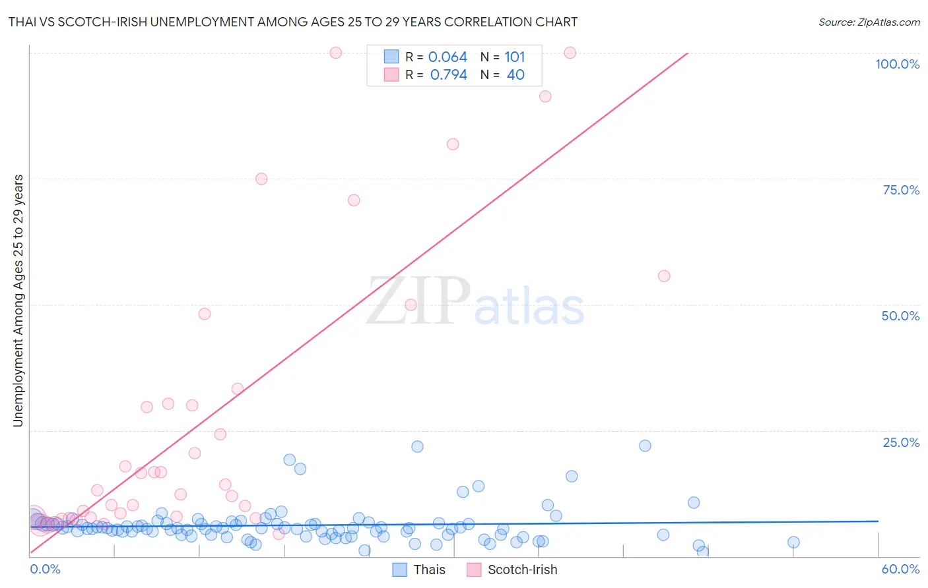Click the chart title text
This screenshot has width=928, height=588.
click(x=293, y=22)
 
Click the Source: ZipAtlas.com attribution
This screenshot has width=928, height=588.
click(x=869, y=22)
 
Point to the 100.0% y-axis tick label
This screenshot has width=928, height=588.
click(x=897, y=64)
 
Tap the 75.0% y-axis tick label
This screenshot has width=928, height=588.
click(x=901, y=190)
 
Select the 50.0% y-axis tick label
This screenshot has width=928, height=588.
click(x=900, y=316)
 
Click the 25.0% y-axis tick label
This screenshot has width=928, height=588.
click(x=901, y=442)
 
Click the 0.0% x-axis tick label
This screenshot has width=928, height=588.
click(x=45, y=569)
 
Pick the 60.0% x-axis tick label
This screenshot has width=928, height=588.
click(x=900, y=569)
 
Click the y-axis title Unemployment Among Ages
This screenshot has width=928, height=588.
click(x=18, y=301)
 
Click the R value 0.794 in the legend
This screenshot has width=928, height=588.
click(x=448, y=74)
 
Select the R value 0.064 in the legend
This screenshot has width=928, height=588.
click(x=447, y=57)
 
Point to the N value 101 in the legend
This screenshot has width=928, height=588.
click(x=515, y=57)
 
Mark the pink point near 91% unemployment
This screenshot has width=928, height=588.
click(x=545, y=96)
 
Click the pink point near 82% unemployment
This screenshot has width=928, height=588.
click(x=453, y=144)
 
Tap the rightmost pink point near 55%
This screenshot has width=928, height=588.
click(x=664, y=276)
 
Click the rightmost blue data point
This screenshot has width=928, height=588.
click(x=793, y=542)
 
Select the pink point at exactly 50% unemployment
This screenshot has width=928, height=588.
click(x=411, y=305)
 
